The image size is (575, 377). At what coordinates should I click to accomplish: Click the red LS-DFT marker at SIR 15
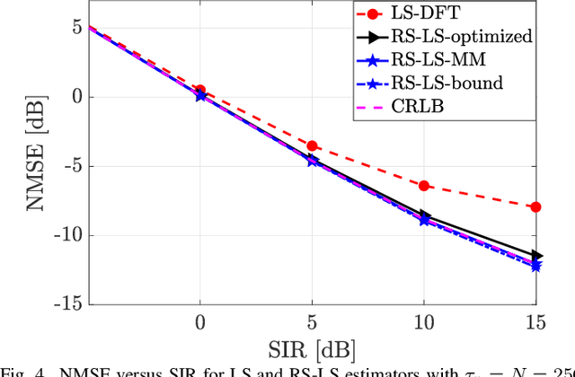[535, 207]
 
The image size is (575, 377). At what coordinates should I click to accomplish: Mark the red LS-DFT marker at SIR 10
[424, 186]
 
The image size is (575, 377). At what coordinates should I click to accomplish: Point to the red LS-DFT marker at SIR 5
[312, 145]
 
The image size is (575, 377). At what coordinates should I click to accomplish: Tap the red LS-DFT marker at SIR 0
[200, 91]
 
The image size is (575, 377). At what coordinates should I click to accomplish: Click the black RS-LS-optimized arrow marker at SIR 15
[535, 256]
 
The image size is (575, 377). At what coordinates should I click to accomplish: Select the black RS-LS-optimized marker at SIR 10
[424, 215]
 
